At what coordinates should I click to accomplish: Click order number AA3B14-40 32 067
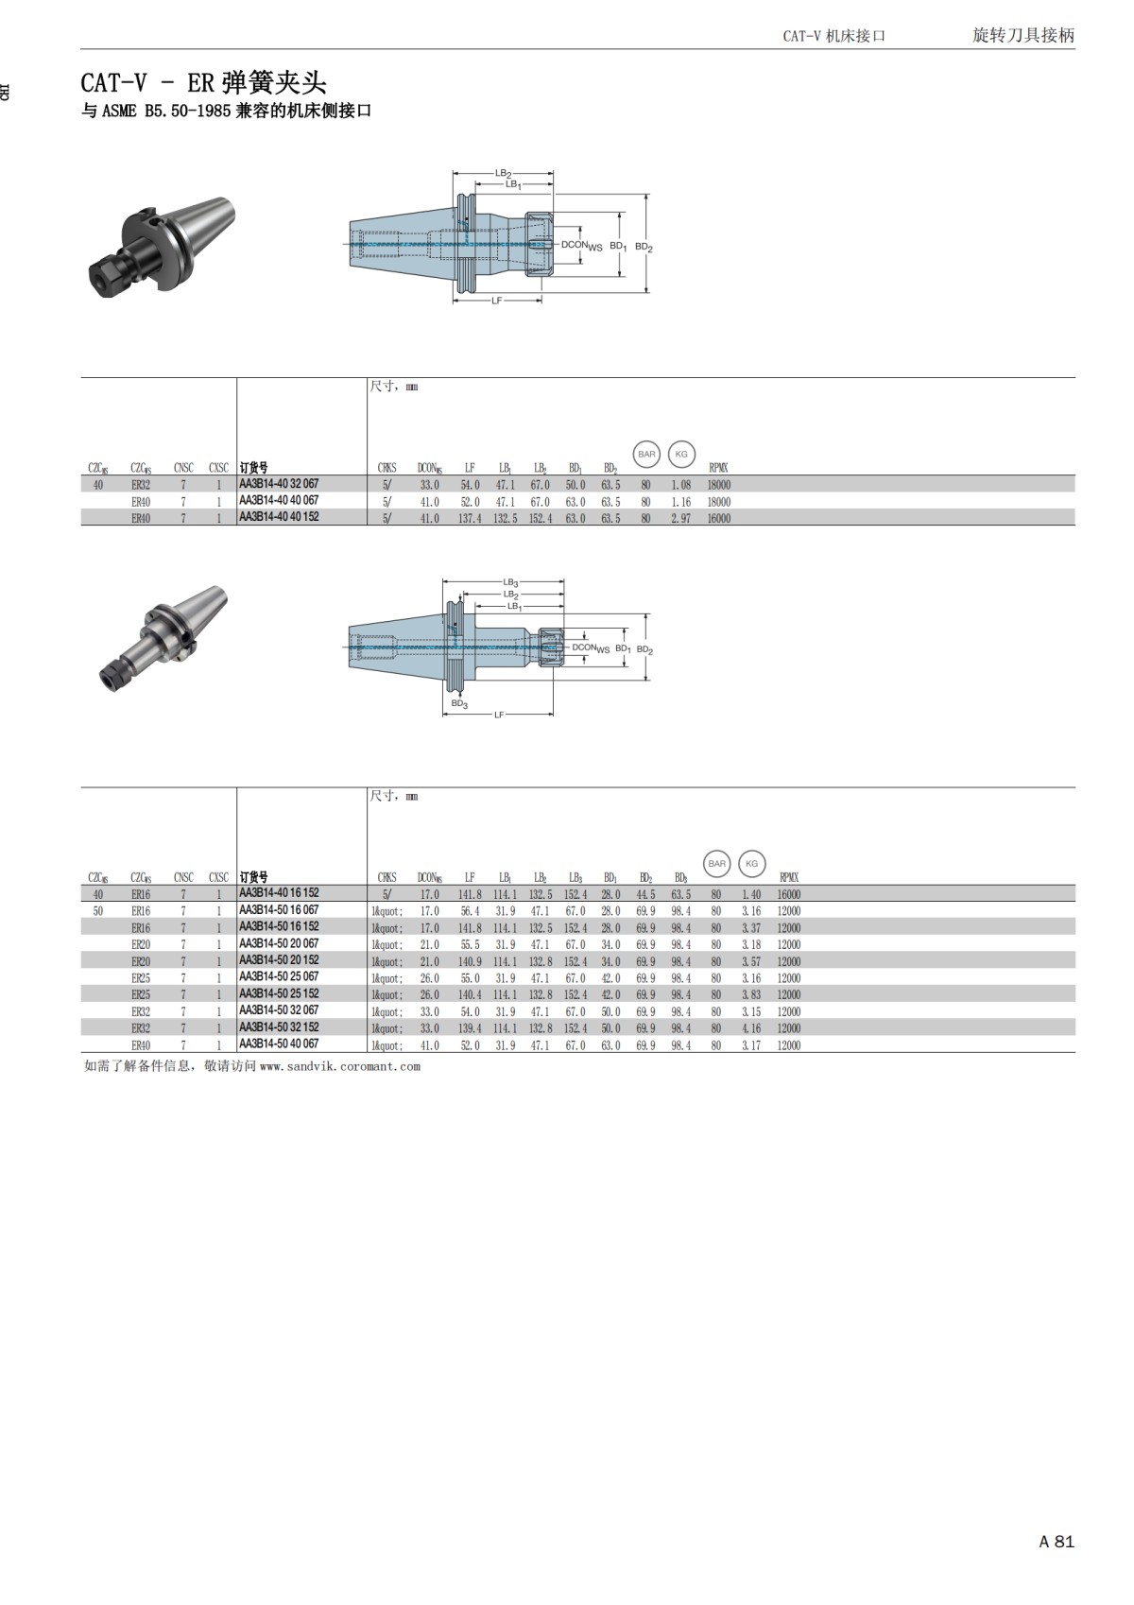pyautogui.click(x=279, y=484)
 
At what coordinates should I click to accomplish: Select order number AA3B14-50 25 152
pyautogui.click(x=279, y=994)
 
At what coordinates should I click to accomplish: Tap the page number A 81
pyautogui.click(x=1057, y=1542)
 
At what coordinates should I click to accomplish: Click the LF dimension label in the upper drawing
pyautogui.click(x=497, y=301)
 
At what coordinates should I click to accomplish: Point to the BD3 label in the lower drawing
pyautogui.click(x=459, y=703)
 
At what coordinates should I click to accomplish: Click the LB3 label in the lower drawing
pyautogui.click(x=510, y=583)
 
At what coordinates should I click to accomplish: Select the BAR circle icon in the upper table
pyautogui.click(x=646, y=455)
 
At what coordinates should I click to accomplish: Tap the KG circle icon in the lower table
pyautogui.click(x=752, y=864)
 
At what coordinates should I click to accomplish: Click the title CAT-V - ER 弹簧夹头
pyautogui.click(x=203, y=82)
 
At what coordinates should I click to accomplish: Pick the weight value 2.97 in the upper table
pyautogui.click(x=680, y=518)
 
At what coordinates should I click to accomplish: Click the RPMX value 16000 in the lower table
pyautogui.click(x=789, y=894)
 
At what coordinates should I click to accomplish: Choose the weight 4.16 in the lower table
pyautogui.click(x=751, y=1028)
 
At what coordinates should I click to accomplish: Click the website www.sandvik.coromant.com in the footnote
pyautogui.click(x=339, y=1066)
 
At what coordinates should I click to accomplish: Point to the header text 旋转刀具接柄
pyautogui.click(x=1023, y=35)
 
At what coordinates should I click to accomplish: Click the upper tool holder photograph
pyautogui.click(x=161, y=248)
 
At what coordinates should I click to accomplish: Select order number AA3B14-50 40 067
pyautogui.click(x=279, y=1044)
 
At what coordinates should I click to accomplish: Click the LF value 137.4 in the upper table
pyautogui.click(x=470, y=518)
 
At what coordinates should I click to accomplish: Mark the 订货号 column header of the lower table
pyautogui.click(x=253, y=877)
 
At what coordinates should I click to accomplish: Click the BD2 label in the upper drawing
pyautogui.click(x=644, y=247)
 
